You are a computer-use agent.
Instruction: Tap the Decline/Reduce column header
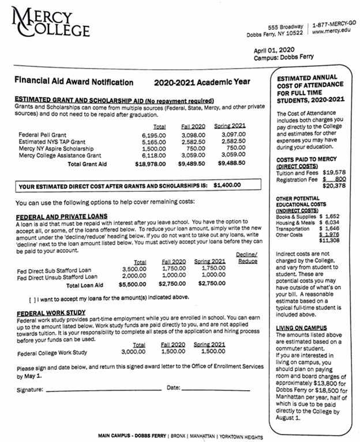[246, 257]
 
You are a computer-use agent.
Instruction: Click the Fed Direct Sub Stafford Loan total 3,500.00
[134, 269]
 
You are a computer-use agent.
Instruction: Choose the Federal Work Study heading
[51, 312]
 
